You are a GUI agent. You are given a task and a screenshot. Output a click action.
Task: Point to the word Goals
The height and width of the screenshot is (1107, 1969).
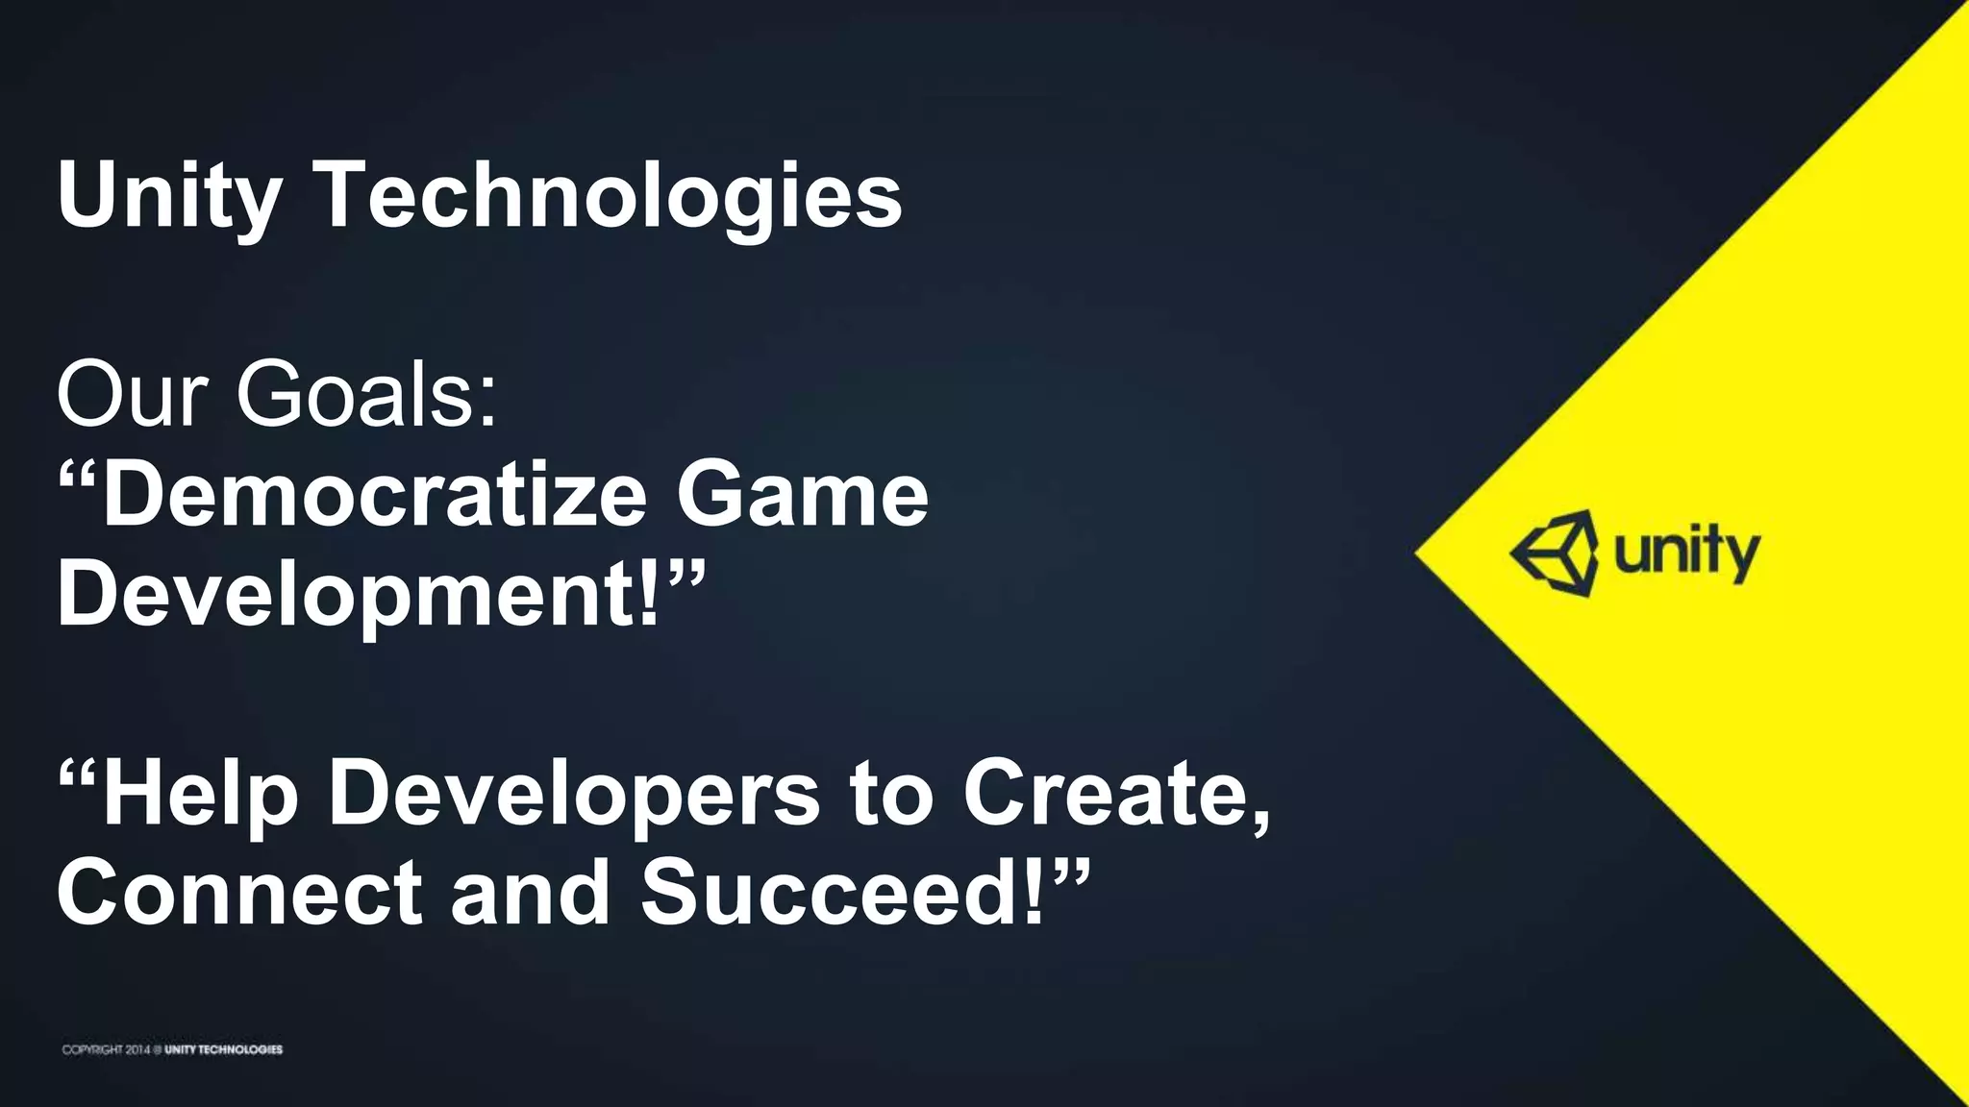coord(366,396)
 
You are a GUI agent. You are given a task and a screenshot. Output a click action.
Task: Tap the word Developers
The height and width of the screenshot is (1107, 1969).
coord(574,795)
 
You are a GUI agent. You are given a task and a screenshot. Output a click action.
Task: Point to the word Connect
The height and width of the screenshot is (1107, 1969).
coord(239,894)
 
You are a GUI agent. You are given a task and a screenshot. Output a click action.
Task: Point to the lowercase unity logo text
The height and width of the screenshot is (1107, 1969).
coord(1686,554)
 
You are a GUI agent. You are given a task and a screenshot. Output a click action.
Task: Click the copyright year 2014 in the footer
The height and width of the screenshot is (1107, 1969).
coord(135,1049)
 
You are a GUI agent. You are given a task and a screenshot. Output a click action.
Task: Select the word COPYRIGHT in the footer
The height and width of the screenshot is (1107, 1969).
coord(92,1049)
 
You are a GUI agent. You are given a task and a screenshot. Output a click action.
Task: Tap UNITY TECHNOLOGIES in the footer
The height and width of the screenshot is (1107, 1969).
coord(223,1049)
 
